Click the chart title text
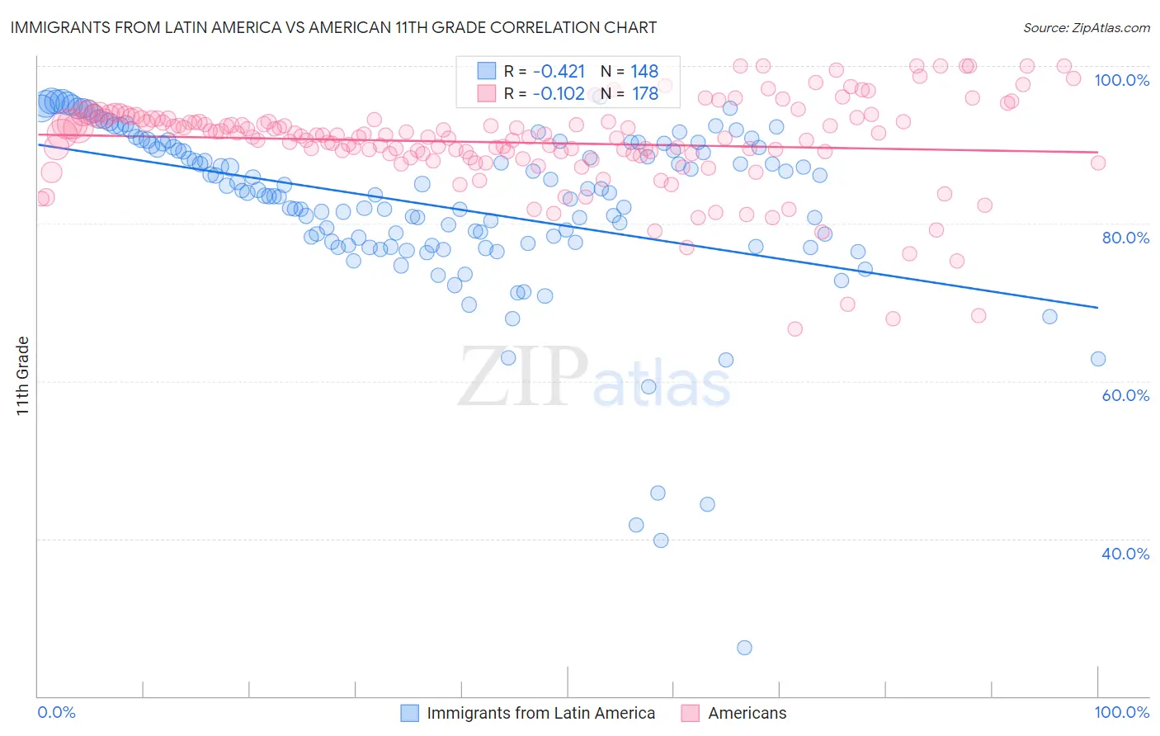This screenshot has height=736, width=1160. point(333,27)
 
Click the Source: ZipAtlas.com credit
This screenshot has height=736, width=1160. point(1086,28)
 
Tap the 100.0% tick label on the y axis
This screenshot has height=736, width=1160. point(1121,80)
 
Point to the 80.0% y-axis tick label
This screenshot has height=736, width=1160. point(1125,238)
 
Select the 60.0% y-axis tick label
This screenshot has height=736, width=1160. point(1125,395)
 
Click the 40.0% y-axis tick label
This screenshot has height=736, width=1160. point(1125,554)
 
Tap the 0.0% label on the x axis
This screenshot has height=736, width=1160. point(57,712)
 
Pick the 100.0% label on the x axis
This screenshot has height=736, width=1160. point(1121,712)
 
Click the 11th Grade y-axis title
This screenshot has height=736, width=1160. point(23,375)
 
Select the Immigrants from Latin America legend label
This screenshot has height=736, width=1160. point(540,713)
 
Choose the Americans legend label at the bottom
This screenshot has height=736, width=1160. point(747,713)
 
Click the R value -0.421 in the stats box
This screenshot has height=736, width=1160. point(559,72)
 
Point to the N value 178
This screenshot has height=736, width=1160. point(644,94)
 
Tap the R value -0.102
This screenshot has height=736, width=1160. point(559,94)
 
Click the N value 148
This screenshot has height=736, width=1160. point(644,72)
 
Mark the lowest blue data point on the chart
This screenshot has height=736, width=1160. point(744,648)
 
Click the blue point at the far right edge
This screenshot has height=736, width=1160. point(1097,359)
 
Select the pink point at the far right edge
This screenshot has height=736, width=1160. point(1097,163)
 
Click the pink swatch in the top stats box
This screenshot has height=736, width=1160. point(487,93)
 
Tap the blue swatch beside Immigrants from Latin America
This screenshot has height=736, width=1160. point(410,713)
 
